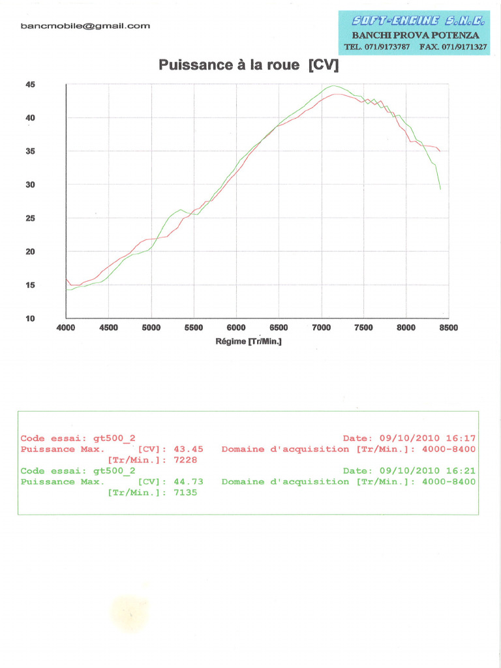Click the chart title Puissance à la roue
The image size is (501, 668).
[249, 65]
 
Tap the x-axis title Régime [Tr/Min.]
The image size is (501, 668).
[249, 341]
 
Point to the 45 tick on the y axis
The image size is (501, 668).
[30, 85]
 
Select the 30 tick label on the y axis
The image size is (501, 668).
[30, 185]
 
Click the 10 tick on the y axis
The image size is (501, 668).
[30, 318]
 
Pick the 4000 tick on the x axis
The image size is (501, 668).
[66, 328]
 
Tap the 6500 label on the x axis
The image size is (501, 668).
[279, 328]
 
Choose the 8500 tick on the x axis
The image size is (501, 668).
[449, 328]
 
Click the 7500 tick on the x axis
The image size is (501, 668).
[363, 328]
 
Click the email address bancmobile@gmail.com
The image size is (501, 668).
[85, 26]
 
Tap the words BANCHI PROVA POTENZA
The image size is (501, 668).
[416, 35]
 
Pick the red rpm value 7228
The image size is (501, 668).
[185, 460]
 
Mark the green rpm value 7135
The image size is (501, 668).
[185, 493]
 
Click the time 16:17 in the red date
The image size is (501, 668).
[461, 438]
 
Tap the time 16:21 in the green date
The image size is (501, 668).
[461, 471]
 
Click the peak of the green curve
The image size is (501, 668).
[333, 86]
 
